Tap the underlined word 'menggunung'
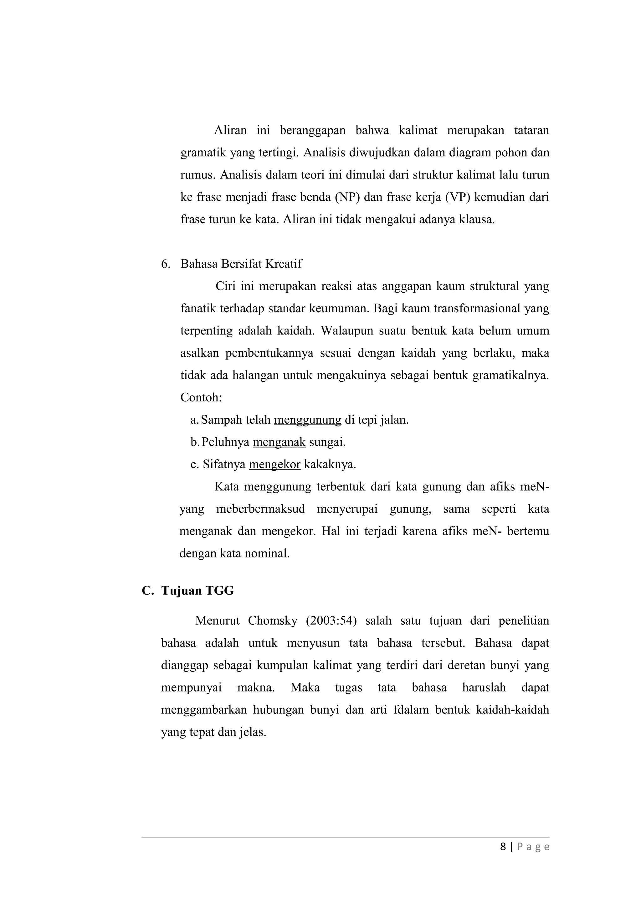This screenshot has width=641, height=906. [x=307, y=420]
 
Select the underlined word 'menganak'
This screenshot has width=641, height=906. [x=279, y=442]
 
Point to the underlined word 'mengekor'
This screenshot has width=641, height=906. [x=274, y=465]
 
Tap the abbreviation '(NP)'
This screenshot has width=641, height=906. [x=347, y=197]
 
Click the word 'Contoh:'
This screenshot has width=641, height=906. [x=201, y=397]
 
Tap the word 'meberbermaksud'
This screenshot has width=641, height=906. [x=260, y=509]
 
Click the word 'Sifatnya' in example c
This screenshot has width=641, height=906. [x=224, y=465]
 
